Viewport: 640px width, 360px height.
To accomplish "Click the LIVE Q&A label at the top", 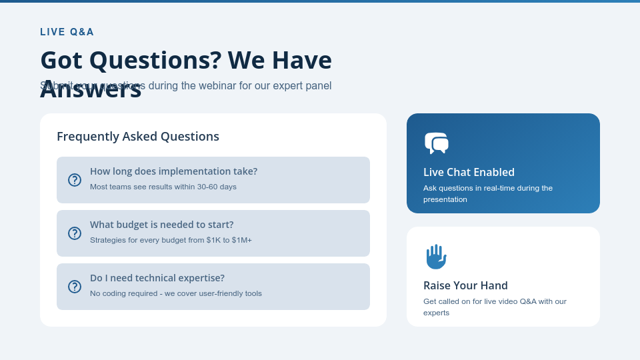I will (67, 32).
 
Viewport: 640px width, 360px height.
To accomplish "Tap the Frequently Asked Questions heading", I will (138, 137).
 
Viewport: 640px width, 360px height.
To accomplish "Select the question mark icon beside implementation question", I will (75, 180).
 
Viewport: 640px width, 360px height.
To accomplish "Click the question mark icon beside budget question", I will (75, 233).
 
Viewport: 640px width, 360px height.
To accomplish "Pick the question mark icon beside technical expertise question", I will (75, 287).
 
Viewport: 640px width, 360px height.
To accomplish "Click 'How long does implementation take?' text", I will (173, 171).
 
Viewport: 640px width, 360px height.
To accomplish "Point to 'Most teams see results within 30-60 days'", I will (163, 187).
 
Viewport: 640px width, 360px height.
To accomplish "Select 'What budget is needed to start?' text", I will (162, 225).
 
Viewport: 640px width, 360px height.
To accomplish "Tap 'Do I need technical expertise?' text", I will (157, 278).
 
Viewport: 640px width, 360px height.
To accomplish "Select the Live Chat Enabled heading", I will (469, 172).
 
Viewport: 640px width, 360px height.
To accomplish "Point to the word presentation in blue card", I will (445, 199).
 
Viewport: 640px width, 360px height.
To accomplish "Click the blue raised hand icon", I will (436, 257).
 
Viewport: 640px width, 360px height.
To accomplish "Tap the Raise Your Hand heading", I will (465, 285).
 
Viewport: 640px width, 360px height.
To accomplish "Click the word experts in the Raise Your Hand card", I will (437, 313).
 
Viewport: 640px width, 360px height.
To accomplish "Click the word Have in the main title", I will (303, 61).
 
